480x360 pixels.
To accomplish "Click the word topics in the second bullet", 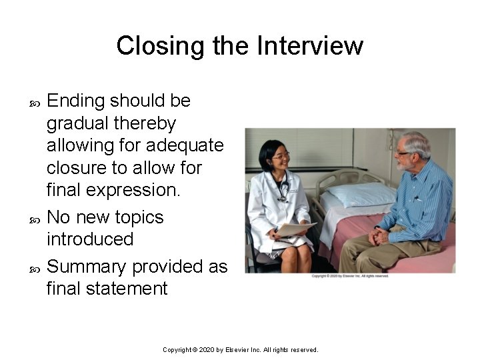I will pyautogui.click(x=139, y=217).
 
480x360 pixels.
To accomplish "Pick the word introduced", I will pyautogui.click(x=90, y=239).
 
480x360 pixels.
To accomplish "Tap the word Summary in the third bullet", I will pyautogui.click(x=87, y=267).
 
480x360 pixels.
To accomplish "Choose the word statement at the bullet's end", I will pyautogui.click(x=130, y=288).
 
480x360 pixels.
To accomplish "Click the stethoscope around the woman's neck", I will pyautogui.click(x=283, y=190).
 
